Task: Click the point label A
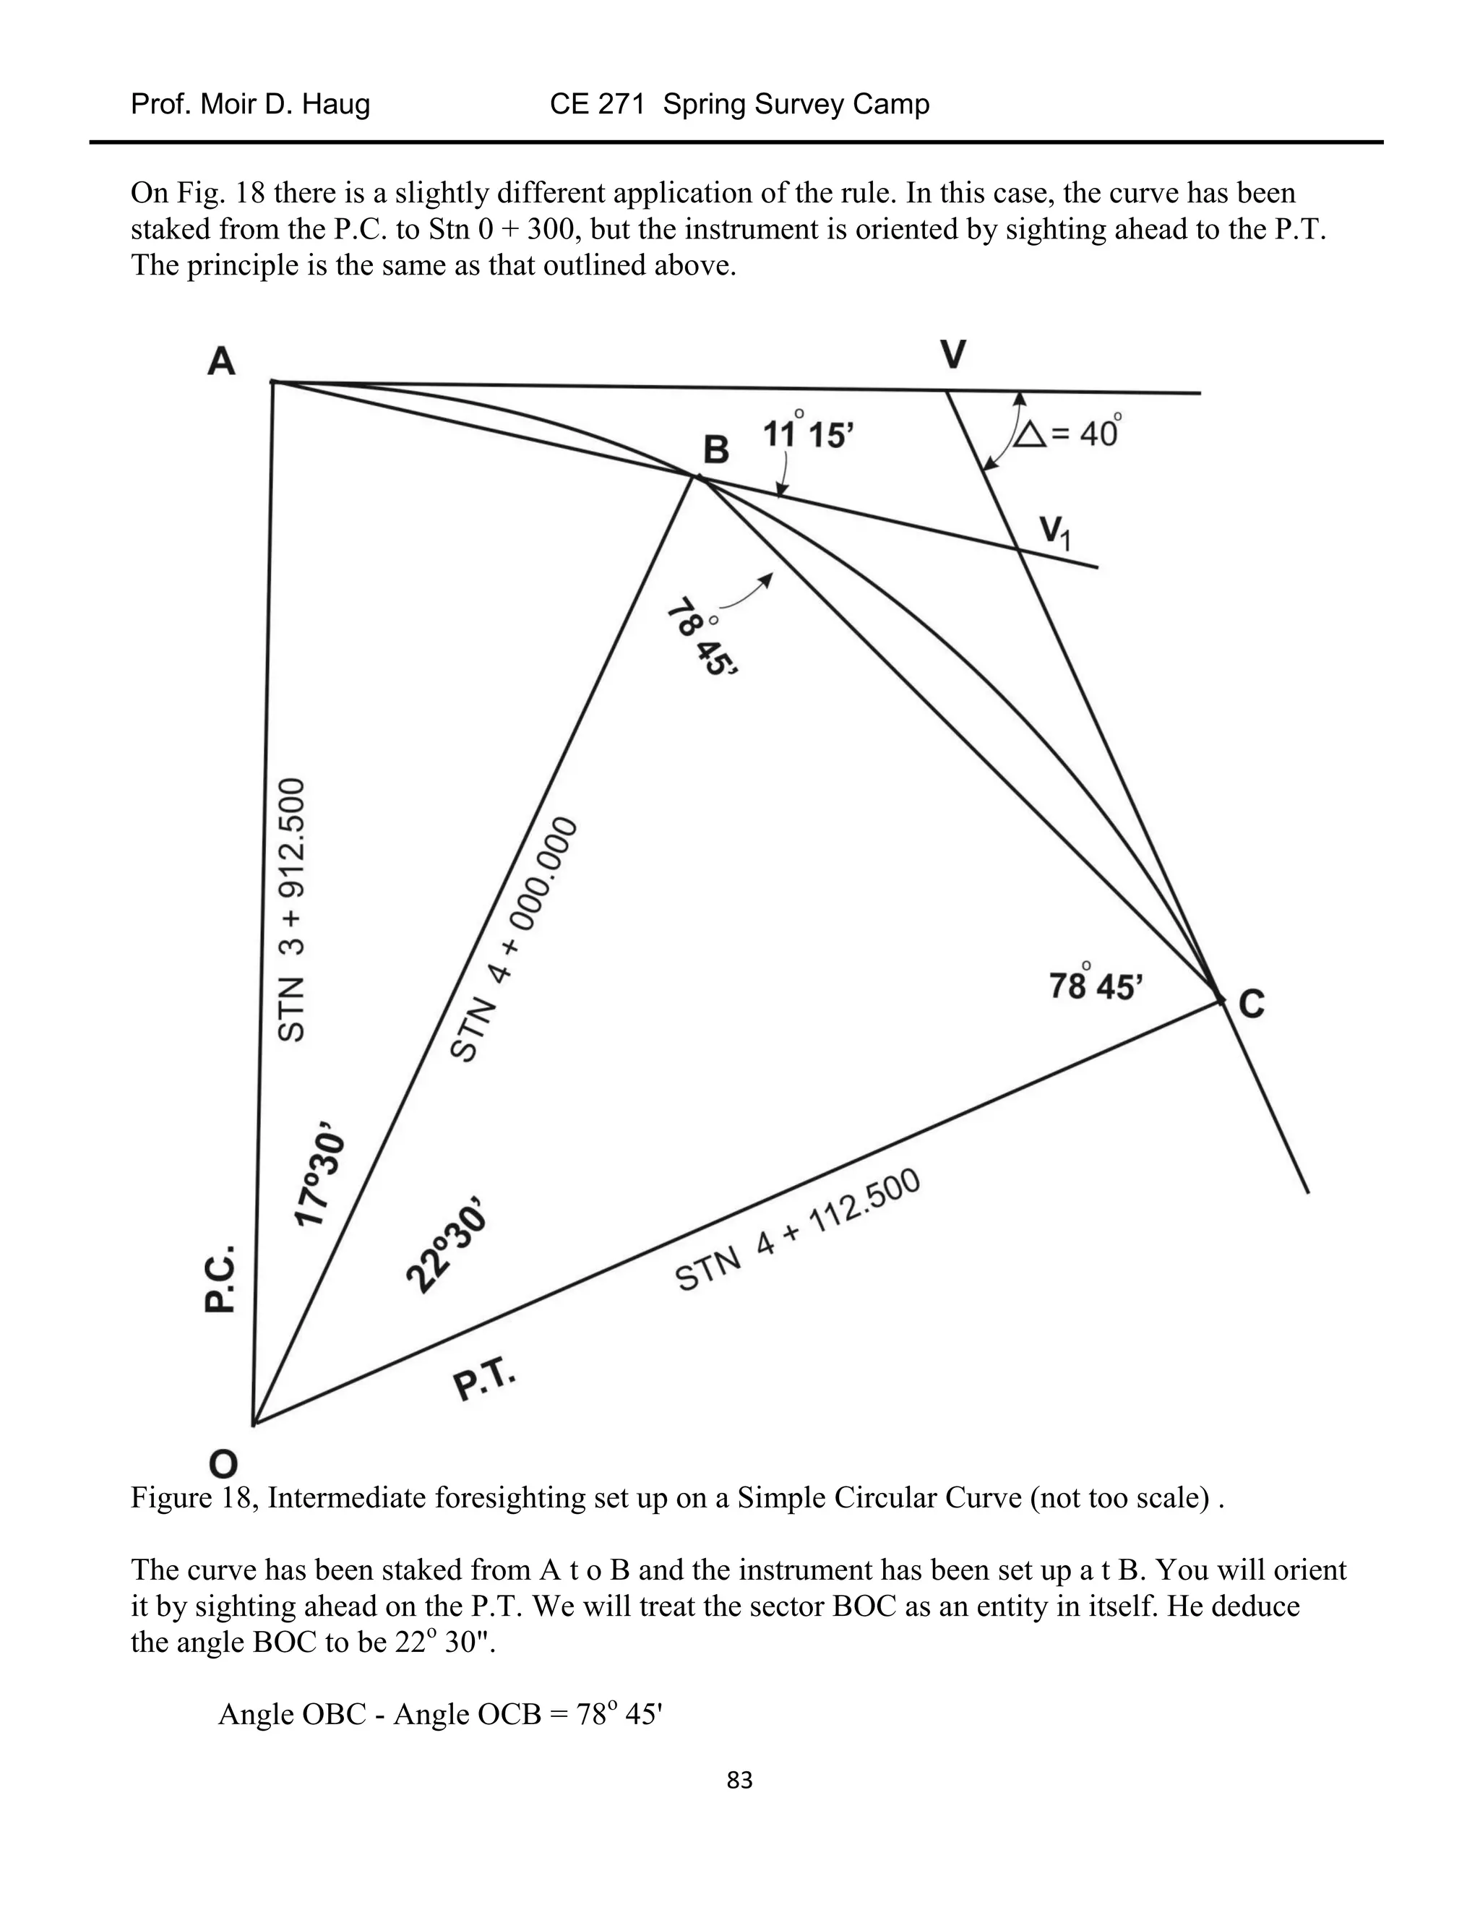coord(222,361)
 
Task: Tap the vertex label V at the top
coord(953,355)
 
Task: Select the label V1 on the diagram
coord(1055,533)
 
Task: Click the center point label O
coord(223,1463)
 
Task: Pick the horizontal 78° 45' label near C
coord(1096,986)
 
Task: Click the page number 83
coord(739,1780)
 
